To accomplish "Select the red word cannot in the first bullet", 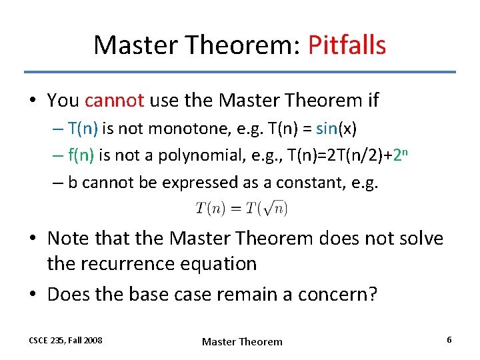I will (x=115, y=101).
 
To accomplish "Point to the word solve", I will (x=417, y=238).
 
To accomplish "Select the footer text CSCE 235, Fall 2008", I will (x=65, y=340).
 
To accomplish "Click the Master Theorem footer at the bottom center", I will (x=242, y=341).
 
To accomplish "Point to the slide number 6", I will (x=449, y=340).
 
